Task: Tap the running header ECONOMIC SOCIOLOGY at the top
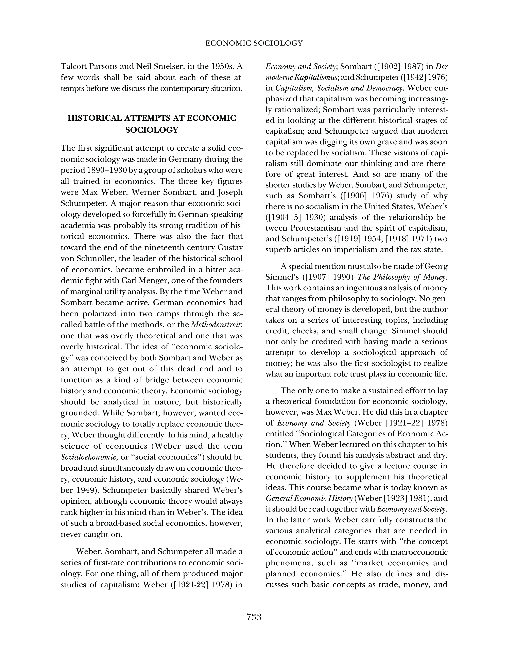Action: pos(254,43)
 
